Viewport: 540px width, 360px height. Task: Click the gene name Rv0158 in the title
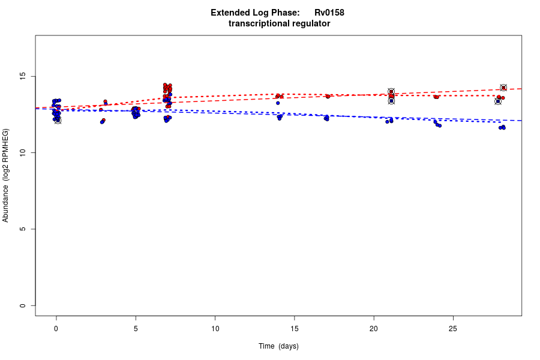[x=329, y=13]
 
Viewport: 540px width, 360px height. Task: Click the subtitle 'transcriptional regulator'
[x=279, y=23]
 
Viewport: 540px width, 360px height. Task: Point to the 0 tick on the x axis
[x=56, y=328]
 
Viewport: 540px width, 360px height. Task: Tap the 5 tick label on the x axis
[x=136, y=328]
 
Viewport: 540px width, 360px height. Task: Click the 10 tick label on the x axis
[x=215, y=328]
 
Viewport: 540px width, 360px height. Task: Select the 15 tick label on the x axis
[x=295, y=328]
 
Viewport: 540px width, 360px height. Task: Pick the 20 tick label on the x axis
[x=374, y=328]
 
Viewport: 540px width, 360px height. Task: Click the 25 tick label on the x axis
[x=453, y=328]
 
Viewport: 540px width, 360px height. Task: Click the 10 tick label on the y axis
[x=22, y=153]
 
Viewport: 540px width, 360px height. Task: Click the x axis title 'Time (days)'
[x=278, y=346]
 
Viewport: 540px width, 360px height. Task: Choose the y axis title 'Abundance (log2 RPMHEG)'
[x=6, y=175]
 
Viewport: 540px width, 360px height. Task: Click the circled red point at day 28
[x=503, y=88]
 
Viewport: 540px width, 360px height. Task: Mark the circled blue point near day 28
[x=498, y=101]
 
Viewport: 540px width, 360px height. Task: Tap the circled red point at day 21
[x=391, y=92]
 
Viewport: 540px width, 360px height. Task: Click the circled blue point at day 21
[x=391, y=101]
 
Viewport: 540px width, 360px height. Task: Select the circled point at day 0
[x=58, y=120]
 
